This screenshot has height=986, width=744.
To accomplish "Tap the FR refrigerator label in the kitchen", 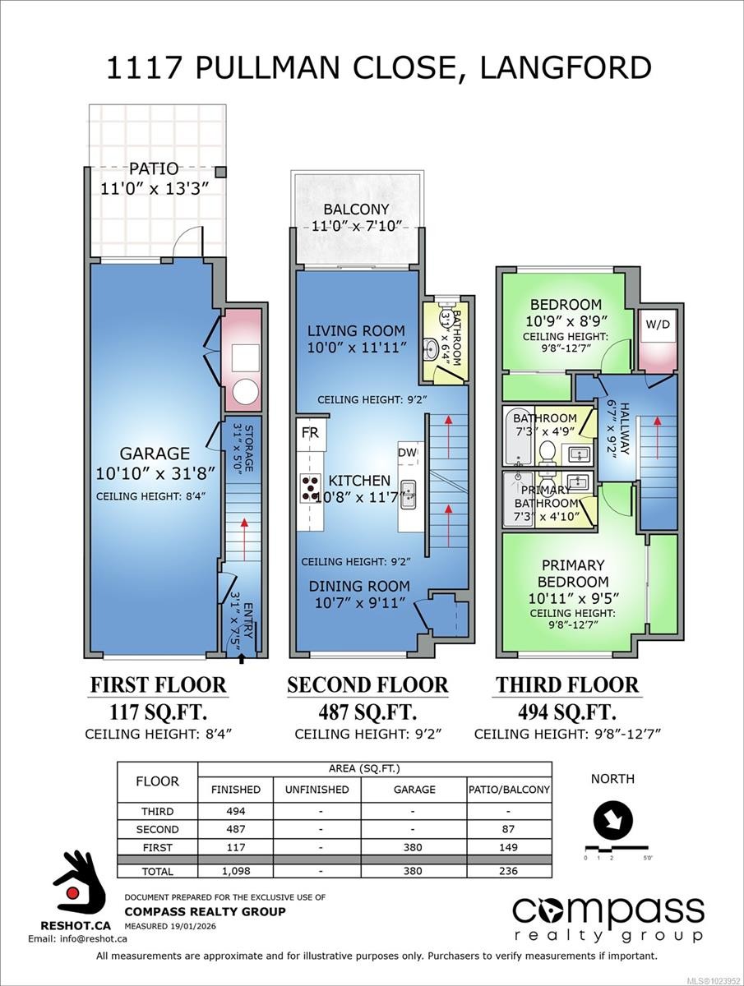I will click(x=310, y=431).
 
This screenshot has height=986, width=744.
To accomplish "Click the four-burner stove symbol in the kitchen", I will click(x=311, y=487).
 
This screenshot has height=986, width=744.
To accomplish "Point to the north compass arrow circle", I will click(x=613, y=818).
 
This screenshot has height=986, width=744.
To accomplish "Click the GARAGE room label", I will click(x=155, y=454).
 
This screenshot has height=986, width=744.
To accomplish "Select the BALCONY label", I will click(x=356, y=210).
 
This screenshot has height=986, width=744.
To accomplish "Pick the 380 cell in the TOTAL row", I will click(x=415, y=870).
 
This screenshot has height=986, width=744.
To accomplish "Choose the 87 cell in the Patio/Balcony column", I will click(x=509, y=829).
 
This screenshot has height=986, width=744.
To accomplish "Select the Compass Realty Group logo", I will click(x=608, y=919).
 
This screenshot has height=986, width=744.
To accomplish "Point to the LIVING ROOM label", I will click(x=356, y=331).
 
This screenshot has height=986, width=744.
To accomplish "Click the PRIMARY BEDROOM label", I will click(x=573, y=574).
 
